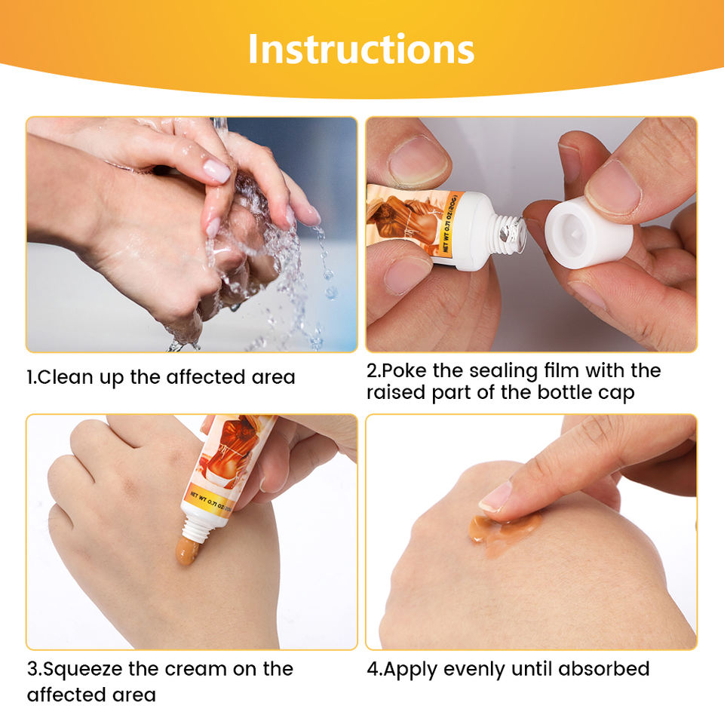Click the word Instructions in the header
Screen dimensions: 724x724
(361, 49)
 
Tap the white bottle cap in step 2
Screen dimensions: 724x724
(589, 232)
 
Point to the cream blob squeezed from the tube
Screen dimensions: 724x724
(186, 551)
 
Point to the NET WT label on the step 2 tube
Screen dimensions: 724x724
(451, 223)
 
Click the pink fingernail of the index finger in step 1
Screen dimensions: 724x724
(216, 170)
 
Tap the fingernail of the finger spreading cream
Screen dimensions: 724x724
(495, 497)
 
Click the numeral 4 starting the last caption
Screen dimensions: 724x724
(372, 669)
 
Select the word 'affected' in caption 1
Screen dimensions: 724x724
(205, 377)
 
